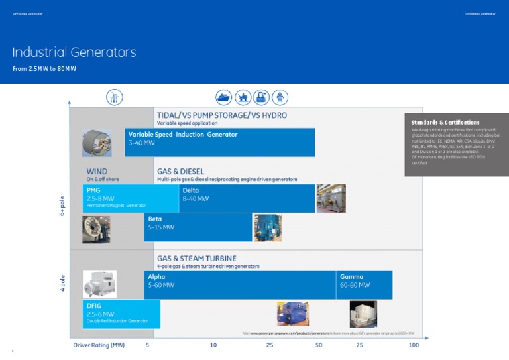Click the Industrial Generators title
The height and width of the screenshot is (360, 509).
click(74, 52)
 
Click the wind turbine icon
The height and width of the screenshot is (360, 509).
click(114, 97)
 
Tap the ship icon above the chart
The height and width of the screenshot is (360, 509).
click(224, 97)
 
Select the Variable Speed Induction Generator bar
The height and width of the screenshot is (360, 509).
click(219, 142)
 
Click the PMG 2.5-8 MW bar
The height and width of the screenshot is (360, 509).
click(131, 198)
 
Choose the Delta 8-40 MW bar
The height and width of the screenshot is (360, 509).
click(247, 198)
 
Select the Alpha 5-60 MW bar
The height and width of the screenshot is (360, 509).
click(239, 285)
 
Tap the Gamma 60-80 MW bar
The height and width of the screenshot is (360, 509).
click(364, 285)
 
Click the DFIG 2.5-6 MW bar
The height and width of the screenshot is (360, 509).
click(121, 314)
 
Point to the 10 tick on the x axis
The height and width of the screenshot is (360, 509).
click(213, 345)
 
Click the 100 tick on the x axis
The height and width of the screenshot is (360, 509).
click(414, 345)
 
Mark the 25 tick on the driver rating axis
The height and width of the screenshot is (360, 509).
click(270, 345)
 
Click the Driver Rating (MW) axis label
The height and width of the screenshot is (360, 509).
click(99, 345)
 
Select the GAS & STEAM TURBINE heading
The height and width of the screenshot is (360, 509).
click(196, 258)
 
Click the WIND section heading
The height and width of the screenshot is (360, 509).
click(97, 171)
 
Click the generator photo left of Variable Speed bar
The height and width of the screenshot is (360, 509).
click(97, 143)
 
